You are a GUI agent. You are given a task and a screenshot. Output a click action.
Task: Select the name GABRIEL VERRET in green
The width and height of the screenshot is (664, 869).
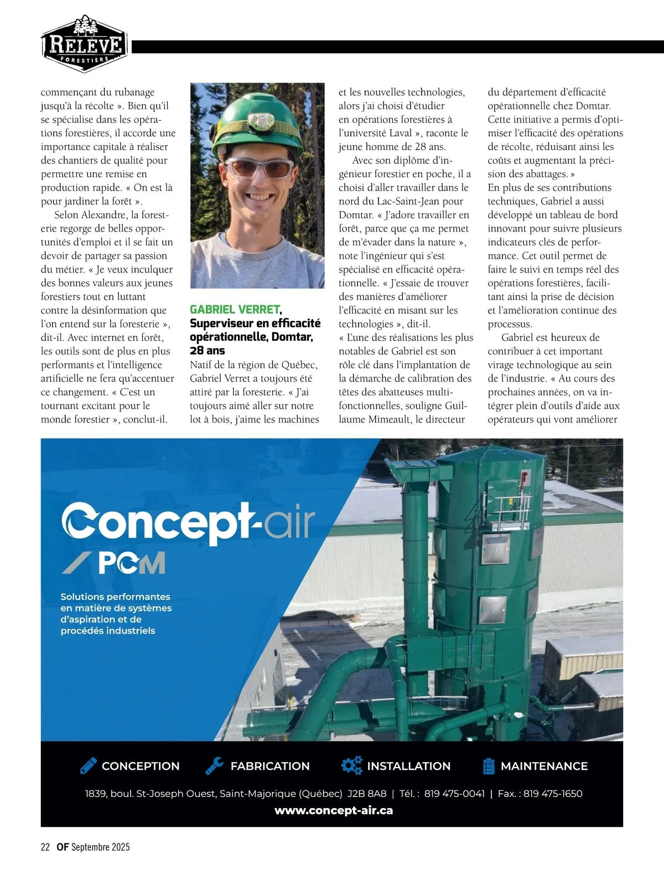(x=235, y=310)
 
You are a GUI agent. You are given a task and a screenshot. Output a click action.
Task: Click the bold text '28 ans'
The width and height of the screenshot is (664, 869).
(x=207, y=351)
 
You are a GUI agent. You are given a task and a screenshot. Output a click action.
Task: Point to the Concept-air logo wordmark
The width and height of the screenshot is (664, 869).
(x=188, y=522)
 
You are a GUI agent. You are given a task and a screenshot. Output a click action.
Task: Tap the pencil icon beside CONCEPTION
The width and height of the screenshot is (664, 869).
(x=88, y=765)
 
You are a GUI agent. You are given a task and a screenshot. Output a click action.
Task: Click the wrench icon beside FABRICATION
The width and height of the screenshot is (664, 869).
(x=214, y=765)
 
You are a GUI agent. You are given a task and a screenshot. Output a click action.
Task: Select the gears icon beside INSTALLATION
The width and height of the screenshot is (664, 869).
(x=351, y=765)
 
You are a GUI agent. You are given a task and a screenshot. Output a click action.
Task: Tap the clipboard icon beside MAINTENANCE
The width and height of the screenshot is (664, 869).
(x=489, y=765)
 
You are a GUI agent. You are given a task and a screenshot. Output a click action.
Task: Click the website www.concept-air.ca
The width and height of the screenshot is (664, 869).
(x=334, y=810)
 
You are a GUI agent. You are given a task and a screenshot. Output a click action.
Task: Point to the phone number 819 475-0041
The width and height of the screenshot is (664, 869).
(x=454, y=794)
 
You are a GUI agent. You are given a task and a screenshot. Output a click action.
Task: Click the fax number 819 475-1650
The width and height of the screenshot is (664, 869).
(x=553, y=794)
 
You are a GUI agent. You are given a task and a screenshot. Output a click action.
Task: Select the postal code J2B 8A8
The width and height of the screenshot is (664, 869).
(x=367, y=794)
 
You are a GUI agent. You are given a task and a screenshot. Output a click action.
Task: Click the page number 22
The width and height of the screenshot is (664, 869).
(x=45, y=847)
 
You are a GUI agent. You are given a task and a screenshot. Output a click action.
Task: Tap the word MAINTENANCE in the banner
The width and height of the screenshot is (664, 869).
(x=544, y=766)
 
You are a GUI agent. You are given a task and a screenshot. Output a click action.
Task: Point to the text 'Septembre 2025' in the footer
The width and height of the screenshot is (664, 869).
(x=100, y=847)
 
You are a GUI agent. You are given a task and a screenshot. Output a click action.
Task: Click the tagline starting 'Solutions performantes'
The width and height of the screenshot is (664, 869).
(x=116, y=614)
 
